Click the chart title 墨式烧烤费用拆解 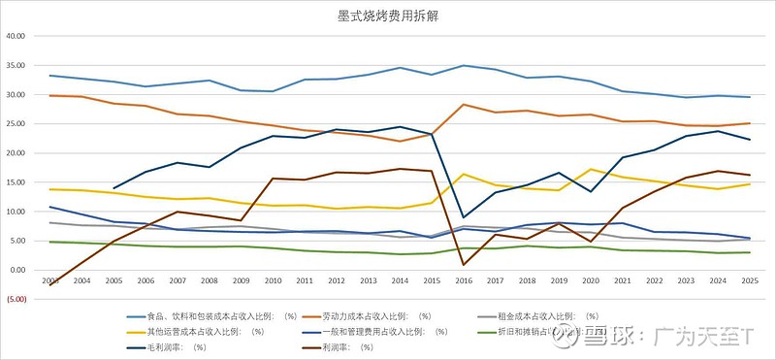pyautogui.click(x=388, y=16)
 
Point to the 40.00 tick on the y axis pyautogui.click(x=21, y=37)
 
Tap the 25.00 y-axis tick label pyautogui.click(x=21, y=124)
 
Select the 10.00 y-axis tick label pyautogui.click(x=21, y=212)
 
